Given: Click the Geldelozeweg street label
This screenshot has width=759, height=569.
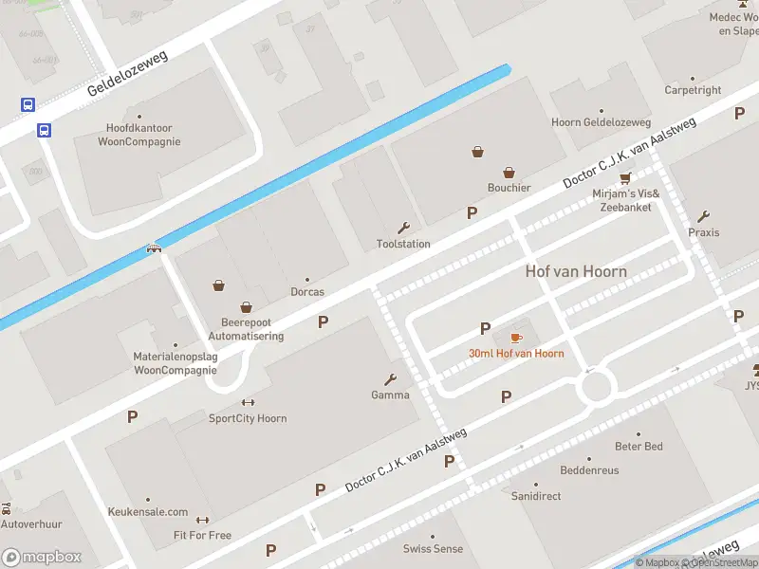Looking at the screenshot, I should pyautogui.click(x=127, y=74).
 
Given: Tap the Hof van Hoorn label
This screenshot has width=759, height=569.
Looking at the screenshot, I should pyautogui.click(x=576, y=271).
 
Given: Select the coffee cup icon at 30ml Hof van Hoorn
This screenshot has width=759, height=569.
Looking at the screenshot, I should pyautogui.click(x=516, y=338).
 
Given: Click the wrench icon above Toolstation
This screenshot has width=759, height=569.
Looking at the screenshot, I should pyautogui.click(x=403, y=228).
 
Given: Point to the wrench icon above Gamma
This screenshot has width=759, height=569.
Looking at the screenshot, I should pyautogui.click(x=390, y=379).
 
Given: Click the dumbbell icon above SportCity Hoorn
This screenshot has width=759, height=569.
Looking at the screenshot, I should pyautogui.click(x=248, y=402).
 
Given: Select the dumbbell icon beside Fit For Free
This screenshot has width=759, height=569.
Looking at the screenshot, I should pyautogui.click(x=201, y=520).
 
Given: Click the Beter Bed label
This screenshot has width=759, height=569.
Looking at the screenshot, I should pyautogui.click(x=639, y=447).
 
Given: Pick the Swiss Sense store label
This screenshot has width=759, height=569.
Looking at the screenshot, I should pyautogui.click(x=433, y=549).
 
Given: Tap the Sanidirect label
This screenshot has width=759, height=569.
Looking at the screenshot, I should pyautogui.click(x=536, y=496).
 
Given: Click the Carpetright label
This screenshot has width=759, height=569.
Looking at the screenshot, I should pyautogui.click(x=693, y=91).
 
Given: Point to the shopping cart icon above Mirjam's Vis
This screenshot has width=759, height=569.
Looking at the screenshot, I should pyautogui.click(x=624, y=178).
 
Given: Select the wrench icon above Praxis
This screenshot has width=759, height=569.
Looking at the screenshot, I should pyautogui.click(x=703, y=216).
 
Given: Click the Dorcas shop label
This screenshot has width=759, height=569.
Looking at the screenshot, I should pyautogui.click(x=306, y=292).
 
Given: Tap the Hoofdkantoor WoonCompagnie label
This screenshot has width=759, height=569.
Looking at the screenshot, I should pyautogui.click(x=139, y=136).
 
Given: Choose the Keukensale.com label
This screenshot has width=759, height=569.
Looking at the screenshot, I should pyautogui.click(x=147, y=512).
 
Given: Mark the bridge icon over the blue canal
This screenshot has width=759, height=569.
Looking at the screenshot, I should pyautogui.click(x=154, y=249).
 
